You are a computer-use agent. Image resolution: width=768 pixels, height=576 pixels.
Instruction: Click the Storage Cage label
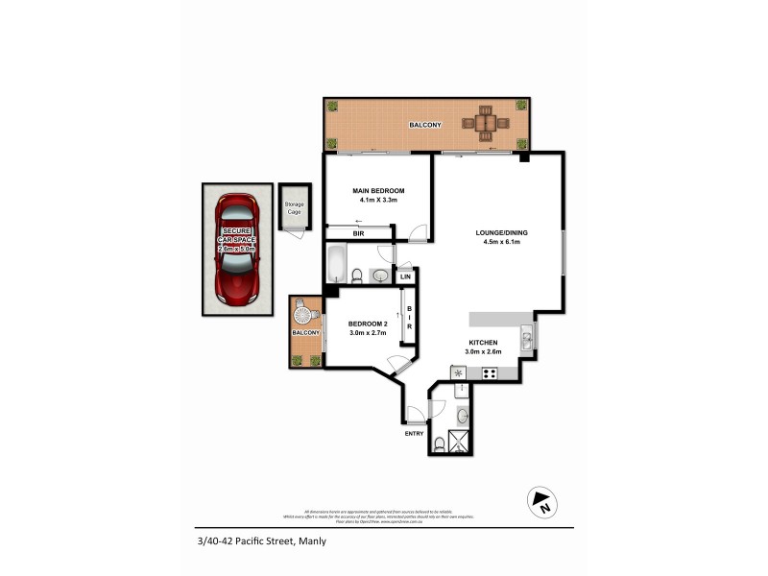click(x=293, y=207)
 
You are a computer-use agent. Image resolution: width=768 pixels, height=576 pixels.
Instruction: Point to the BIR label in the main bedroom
click(x=358, y=233)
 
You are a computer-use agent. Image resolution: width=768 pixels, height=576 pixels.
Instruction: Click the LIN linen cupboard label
click(x=405, y=277)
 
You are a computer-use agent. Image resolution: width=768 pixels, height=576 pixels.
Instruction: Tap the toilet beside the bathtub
click(x=357, y=276)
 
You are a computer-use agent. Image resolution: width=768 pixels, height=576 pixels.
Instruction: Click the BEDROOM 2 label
click(x=367, y=324)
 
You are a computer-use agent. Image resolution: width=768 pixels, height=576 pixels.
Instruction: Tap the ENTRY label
click(x=414, y=434)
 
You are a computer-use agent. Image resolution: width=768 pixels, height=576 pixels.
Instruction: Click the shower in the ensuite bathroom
click(x=461, y=443)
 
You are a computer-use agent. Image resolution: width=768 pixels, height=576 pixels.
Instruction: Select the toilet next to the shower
click(x=439, y=444)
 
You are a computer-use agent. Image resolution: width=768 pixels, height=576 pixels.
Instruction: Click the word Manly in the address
click(x=312, y=541)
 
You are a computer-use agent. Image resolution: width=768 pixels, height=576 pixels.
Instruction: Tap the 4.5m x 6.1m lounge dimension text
click(x=502, y=242)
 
